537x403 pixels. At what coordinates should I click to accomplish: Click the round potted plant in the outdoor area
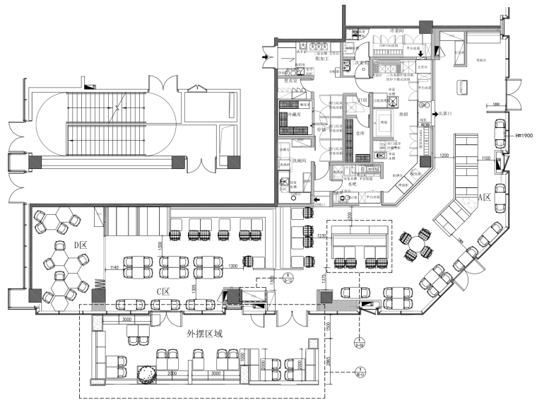tap(146, 374)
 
